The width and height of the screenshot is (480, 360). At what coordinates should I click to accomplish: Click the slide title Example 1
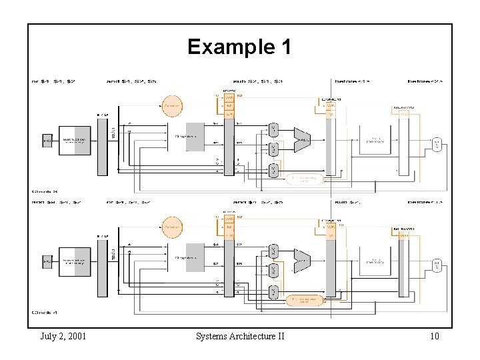239,47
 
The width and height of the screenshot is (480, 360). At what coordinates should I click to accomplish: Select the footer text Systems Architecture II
240,336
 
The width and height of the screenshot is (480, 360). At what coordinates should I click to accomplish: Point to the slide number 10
434,336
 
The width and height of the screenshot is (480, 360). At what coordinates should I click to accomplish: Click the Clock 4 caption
45,312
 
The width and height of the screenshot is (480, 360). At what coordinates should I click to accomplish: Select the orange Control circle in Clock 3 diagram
172,105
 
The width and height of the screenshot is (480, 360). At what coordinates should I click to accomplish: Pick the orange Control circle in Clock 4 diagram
172,226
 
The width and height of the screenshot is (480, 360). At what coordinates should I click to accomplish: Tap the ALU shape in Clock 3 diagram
302,139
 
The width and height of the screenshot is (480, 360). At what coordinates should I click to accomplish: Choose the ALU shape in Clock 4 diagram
302,261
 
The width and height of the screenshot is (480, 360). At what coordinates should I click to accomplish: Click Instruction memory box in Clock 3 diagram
74,141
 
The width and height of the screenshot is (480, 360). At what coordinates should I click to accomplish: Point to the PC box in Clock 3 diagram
47,141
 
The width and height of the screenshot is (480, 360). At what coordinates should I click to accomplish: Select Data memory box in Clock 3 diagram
374,141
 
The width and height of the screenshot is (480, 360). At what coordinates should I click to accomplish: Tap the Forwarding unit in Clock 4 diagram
304,300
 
